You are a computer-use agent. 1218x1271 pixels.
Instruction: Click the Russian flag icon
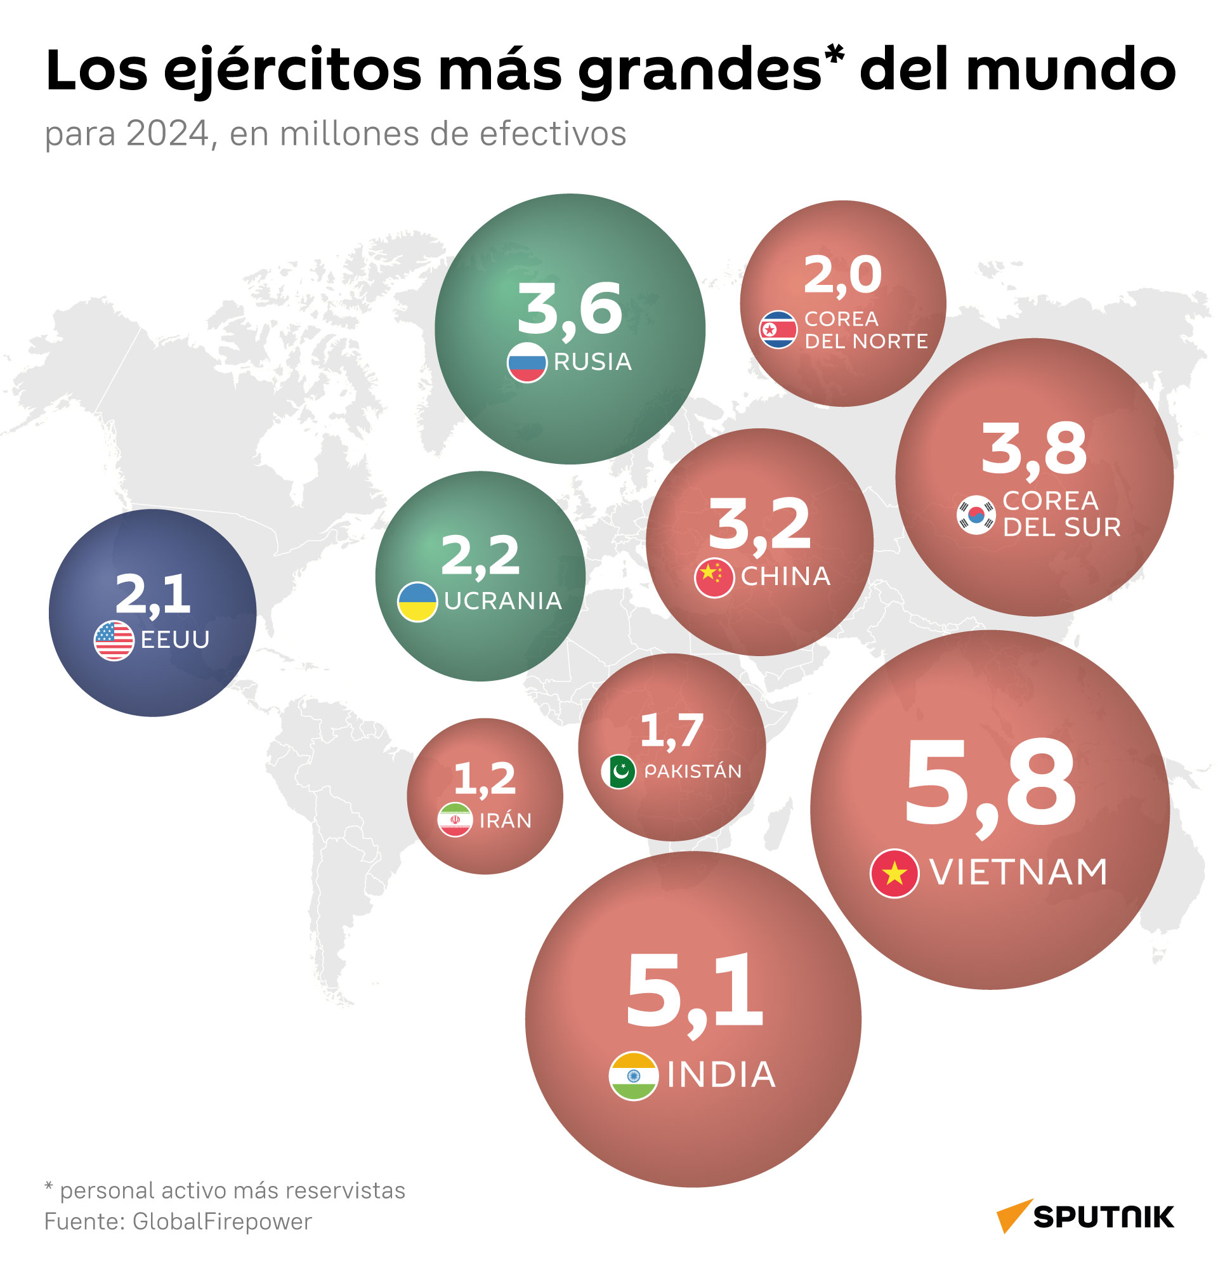click(x=527, y=362)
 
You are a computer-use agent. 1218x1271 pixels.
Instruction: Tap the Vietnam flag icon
click(x=894, y=873)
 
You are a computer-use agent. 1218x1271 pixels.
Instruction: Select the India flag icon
click(x=633, y=1076)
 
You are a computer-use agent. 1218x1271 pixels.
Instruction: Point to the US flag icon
click(x=114, y=641)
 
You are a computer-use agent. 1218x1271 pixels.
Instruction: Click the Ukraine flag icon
click(x=417, y=602)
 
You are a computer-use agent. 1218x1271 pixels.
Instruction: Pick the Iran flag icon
click(x=455, y=820)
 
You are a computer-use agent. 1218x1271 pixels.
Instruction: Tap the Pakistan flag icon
click(x=619, y=772)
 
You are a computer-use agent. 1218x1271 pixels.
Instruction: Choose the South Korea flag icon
click(x=976, y=515)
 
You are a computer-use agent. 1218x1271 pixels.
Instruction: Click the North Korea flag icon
click(x=778, y=329)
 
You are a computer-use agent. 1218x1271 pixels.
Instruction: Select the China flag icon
click(x=714, y=577)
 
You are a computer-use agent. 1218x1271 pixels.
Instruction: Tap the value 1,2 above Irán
click(x=484, y=779)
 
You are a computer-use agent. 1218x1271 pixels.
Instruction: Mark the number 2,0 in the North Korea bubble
click(x=842, y=276)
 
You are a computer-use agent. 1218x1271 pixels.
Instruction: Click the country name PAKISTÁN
click(x=692, y=771)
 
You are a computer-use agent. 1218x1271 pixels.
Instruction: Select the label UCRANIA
click(x=503, y=601)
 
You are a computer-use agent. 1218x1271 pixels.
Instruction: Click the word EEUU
click(x=175, y=640)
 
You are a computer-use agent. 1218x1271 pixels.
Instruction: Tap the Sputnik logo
click(x=1085, y=1216)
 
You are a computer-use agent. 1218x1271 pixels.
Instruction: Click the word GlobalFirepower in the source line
click(x=222, y=1222)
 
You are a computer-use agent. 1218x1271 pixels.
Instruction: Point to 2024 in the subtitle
click(x=168, y=135)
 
